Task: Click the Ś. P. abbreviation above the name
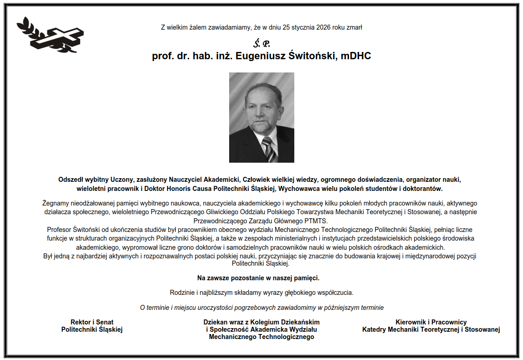(x=261, y=44)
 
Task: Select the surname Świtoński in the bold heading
(x=316, y=57)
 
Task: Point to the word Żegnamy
(x=55, y=203)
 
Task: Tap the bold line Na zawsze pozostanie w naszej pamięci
(x=258, y=278)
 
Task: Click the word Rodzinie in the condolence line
(x=183, y=292)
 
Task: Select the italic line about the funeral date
(x=261, y=308)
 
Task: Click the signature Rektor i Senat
(x=92, y=322)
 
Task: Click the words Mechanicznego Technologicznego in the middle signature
(x=261, y=337)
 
